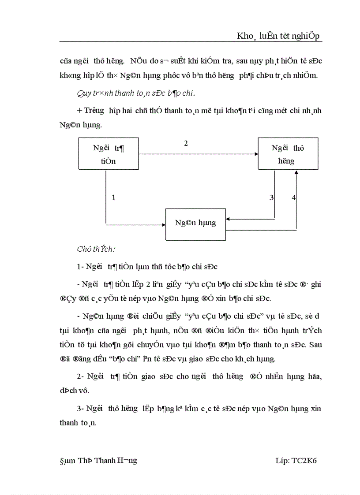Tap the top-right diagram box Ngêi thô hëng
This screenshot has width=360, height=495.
pyautogui.click(x=288, y=154)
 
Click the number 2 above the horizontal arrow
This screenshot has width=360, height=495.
pyautogui.click(x=186, y=144)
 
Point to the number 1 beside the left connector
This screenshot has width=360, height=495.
pyautogui.click(x=113, y=197)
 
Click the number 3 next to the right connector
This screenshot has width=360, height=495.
pyautogui.click(x=272, y=197)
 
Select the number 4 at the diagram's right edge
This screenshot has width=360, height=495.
pyautogui.click(x=294, y=197)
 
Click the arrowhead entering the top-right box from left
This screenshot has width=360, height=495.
pyautogui.click(x=256, y=154)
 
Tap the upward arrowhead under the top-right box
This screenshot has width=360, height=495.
pyautogui.click(x=296, y=173)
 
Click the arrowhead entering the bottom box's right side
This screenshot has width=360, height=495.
pyautogui.click(x=229, y=218)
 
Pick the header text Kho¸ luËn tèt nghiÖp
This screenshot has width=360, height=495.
pyautogui.click(x=279, y=37)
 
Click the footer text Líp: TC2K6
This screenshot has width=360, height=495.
pyautogui.click(x=296, y=461)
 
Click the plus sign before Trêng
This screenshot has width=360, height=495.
pyautogui.click(x=79, y=111)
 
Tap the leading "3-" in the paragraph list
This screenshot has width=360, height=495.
pyautogui.click(x=80, y=409)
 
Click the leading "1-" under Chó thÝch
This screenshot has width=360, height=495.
pyautogui.click(x=80, y=266)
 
